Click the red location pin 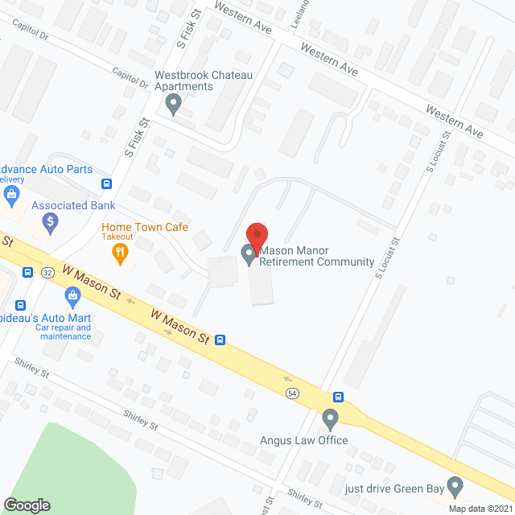(256, 235)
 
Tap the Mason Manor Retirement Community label (318, 256)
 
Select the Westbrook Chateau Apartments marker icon (171, 102)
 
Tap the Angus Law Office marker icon (330, 419)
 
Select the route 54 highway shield (291, 393)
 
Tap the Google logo (26, 505)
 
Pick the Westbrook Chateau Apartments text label (204, 80)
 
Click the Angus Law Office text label (303, 440)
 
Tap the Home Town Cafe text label (144, 228)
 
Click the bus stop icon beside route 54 (339, 397)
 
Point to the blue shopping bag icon (73, 298)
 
